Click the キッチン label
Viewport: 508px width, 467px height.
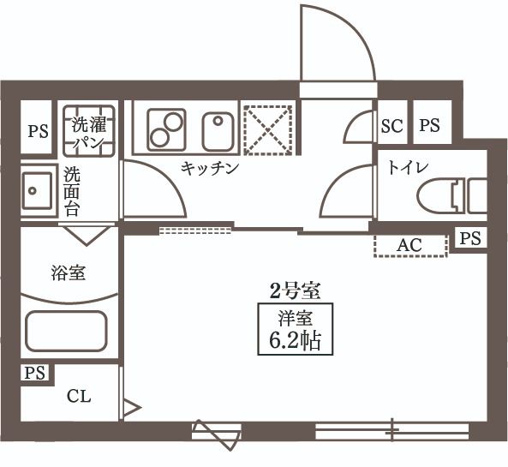209,169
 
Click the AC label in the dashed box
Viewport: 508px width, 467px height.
409,245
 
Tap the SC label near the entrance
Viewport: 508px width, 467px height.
391,126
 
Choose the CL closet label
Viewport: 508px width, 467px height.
79,396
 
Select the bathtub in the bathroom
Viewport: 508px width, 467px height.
66,330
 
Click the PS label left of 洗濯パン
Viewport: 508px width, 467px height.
38,131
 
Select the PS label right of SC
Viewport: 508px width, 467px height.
429,126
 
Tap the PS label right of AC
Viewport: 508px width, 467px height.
469,238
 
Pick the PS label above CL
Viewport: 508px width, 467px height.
34,373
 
